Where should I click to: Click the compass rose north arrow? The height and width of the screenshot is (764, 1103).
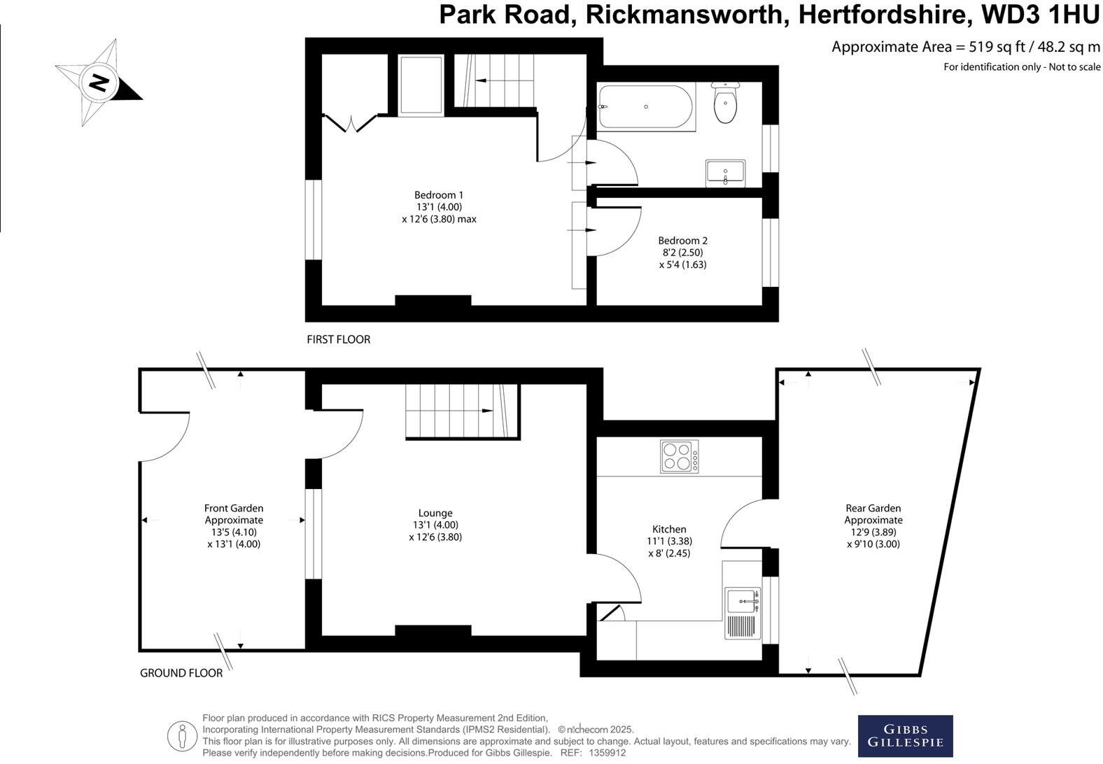(99, 83)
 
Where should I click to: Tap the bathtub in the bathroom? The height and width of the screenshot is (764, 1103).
(645, 106)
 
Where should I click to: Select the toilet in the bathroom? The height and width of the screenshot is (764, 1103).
(725, 104)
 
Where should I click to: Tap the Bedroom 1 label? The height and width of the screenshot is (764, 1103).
(439, 195)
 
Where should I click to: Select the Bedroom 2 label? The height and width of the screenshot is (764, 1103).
(682, 241)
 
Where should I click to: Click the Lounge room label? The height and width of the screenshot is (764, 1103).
(435, 513)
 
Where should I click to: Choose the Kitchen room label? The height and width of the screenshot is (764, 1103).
(669, 529)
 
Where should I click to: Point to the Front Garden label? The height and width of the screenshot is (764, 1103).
(234, 509)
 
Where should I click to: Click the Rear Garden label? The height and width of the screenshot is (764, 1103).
(873, 509)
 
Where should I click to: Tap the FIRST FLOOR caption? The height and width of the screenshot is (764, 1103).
(338, 339)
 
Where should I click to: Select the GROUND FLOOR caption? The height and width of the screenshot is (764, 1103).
(181, 673)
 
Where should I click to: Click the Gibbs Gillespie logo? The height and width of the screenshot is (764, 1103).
(905, 735)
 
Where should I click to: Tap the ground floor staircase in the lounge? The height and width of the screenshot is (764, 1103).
(462, 411)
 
